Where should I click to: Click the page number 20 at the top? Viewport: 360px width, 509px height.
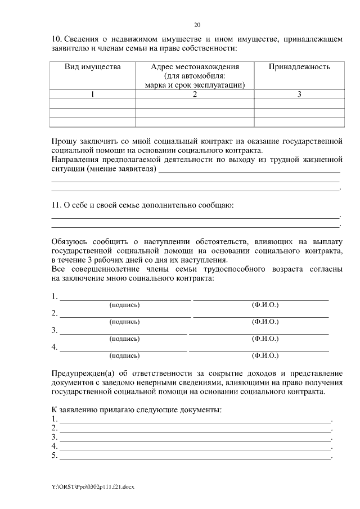click(197, 25)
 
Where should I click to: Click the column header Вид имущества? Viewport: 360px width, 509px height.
click(93, 67)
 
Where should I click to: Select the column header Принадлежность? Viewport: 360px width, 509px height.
click(299, 67)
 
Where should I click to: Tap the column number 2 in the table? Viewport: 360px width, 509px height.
click(195, 94)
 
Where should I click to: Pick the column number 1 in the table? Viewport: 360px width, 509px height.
click(93, 94)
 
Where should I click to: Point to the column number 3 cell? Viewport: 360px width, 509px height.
click(299, 94)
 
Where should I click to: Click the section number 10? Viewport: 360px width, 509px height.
click(56, 39)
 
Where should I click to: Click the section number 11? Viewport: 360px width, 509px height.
click(56, 205)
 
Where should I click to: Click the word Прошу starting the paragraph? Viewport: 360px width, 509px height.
click(64, 141)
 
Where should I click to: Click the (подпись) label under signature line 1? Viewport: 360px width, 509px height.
click(124, 304)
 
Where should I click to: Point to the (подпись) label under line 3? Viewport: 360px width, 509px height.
click(124, 339)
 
